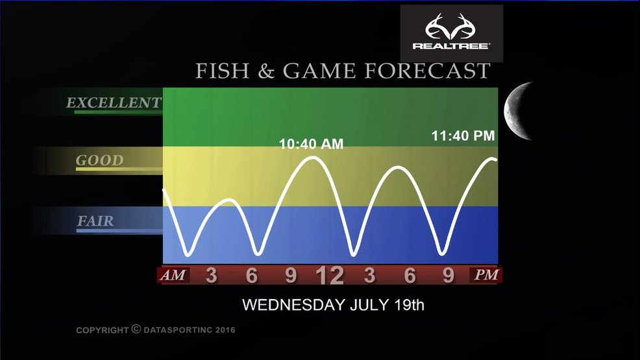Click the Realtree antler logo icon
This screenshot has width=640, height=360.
[x=451, y=27]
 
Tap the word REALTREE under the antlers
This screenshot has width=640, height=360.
[x=451, y=45]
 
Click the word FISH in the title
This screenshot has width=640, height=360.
[x=222, y=71]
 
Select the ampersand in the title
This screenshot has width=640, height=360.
[x=265, y=71]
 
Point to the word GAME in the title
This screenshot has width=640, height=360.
[x=319, y=71]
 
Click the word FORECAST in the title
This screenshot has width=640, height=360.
[x=427, y=71]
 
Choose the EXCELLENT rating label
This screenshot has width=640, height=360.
[x=114, y=102]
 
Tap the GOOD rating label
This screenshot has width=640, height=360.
[x=99, y=160]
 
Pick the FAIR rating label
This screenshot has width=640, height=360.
[x=95, y=221]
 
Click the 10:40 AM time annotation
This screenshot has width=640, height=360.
[x=311, y=144]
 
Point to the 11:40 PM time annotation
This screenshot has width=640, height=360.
[x=463, y=136]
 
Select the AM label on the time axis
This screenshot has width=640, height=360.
[x=173, y=275]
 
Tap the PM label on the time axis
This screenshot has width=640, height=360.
[x=486, y=275]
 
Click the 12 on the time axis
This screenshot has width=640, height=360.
[x=330, y=276]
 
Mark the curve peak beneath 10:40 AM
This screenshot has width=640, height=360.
[x=313, y=158]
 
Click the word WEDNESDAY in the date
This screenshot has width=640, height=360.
[x=293, y=305]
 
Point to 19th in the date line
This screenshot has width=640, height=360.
[x=410, y=305]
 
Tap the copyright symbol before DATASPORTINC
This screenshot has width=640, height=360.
[x=136, y=329]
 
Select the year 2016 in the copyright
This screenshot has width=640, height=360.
[x=225, y=330]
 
